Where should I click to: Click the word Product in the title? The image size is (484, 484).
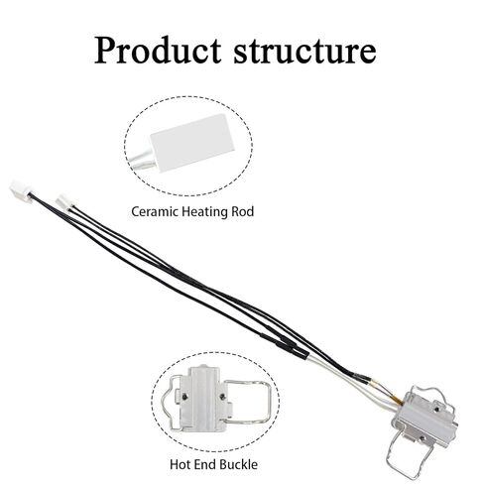158,51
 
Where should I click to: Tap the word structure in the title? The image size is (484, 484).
304,52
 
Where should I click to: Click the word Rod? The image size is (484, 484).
242,211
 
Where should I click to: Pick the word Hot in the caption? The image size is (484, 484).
181,464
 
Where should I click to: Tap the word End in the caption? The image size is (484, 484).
205,464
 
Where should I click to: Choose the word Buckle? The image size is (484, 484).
239,464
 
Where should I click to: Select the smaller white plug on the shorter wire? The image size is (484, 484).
64,201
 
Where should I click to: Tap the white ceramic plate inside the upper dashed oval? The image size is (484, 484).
192,143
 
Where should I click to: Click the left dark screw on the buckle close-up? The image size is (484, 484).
185,395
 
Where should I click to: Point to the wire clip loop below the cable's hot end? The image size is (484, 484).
410,455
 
